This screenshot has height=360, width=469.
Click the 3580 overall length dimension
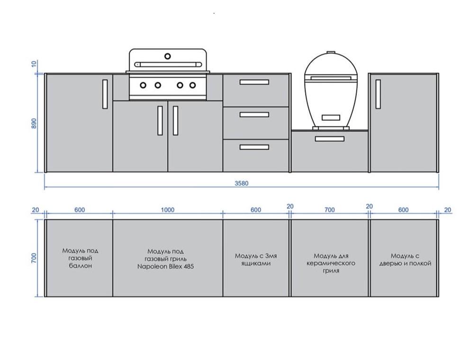tap(242, 183)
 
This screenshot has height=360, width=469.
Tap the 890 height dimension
tap(34, 124)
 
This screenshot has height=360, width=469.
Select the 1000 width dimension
tap(168, 210)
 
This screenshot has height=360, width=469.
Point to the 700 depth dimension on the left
tap(34, 258)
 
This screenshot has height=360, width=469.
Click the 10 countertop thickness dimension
tap(34, 63)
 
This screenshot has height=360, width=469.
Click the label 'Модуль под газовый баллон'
tap(80, 258)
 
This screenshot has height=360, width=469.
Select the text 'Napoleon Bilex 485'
tap(165, 266)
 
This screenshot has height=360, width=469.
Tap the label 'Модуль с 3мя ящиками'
tap(256, 260)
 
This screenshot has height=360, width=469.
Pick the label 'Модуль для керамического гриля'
tap(331, 263)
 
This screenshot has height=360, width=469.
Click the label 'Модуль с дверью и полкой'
tap(406, 260)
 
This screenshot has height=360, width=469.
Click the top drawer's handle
tap(254, 82)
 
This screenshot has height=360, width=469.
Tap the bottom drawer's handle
tap(254, 147)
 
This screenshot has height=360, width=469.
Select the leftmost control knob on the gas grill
tap(143, 85)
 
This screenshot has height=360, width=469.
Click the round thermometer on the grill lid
tap(168, 56)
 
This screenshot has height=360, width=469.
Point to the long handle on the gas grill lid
tap(168, 64)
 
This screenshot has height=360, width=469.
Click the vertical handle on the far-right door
tap(378, 94)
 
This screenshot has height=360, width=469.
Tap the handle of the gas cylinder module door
tap(105, 94)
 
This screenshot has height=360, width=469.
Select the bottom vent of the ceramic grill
tap(331, 117)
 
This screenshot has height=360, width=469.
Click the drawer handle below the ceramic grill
tap(330, 139)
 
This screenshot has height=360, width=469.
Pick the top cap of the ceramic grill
tap(331, 53)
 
